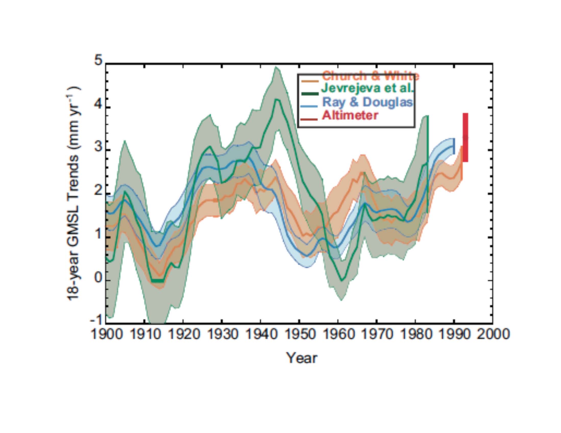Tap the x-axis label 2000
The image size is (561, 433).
pyautogui.click(x=493, y=335)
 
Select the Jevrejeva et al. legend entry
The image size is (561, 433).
pyautogui.click(x=367, y=88)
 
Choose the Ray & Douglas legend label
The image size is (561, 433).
pyautogui.click(x=367, y=102)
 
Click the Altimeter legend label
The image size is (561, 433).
pyautogui.click(x=350, y=115)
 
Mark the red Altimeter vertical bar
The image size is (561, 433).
pyautogui.click(x=465, y=138)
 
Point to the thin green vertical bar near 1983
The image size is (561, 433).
pyautogui.click(x=428, y=164)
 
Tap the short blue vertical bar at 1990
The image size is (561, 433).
pyautogui.click(x=454, y=146)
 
